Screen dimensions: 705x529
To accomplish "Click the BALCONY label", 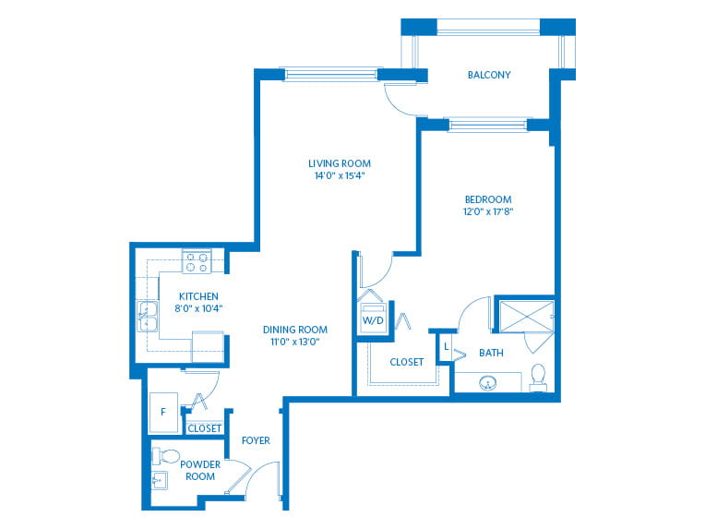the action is point(489,75).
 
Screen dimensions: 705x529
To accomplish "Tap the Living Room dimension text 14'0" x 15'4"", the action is point(340,175).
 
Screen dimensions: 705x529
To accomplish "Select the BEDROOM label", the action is point(488,199).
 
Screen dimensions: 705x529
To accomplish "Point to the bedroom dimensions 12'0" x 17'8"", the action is point(488,211).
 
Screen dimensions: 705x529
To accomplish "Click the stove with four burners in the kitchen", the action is point(197,262).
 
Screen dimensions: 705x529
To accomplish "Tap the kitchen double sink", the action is point(148,317).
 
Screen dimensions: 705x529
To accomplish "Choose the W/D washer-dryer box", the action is point(373,319).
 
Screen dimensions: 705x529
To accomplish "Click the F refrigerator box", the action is point(163,413).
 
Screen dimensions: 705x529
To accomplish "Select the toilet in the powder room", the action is point(166,456).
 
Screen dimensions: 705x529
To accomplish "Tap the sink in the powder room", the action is point(159,480).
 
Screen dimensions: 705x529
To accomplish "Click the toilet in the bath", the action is point(538,378).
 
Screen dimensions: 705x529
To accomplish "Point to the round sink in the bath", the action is point(488,384).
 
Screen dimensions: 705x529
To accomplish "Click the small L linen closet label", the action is point(446,346).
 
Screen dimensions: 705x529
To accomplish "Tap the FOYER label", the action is point(256,440).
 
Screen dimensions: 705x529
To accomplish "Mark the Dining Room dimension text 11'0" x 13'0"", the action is point(295,342).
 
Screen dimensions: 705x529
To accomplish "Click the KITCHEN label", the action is point(198,296).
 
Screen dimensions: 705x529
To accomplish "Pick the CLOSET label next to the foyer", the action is point(205,428).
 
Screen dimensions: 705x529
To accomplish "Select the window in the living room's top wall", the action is point(331,74).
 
